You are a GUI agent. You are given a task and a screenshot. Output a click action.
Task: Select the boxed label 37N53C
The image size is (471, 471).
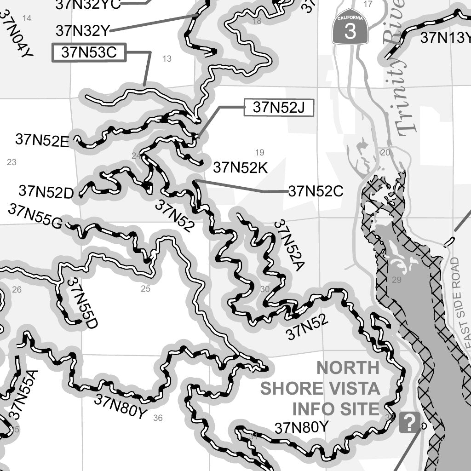tap(89, 53)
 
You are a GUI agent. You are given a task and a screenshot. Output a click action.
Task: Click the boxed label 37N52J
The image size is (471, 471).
tap(279, 108)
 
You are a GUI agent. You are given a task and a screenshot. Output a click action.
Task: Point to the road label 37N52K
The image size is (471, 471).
tap(240, 168)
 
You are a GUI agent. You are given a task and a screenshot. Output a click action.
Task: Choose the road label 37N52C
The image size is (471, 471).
tap(316, 191)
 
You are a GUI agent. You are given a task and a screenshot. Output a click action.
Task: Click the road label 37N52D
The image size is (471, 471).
tap(46, 192)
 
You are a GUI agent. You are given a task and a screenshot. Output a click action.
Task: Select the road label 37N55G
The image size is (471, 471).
tap(35, 216)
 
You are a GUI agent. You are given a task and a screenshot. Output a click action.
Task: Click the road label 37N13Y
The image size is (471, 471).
tap(445, 38)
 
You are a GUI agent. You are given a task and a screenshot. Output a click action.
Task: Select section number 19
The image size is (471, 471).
tap(259, 152)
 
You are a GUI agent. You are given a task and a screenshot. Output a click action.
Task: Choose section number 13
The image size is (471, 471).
tap(167, 58)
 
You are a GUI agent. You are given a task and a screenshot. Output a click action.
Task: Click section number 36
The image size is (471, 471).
tap(158, 418)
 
